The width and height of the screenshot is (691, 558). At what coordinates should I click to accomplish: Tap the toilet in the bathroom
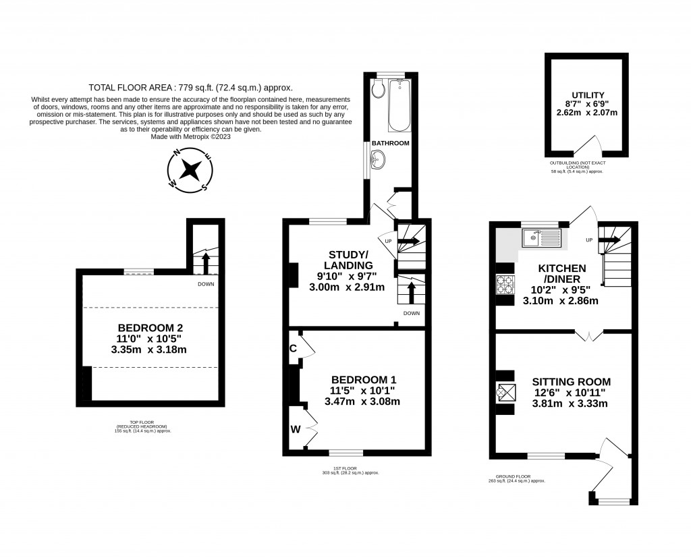(x=378, y=88)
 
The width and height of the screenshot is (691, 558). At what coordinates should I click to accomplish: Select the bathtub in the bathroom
(x=399, y=105)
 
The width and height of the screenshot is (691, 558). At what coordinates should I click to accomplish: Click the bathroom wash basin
(x=379, y=161)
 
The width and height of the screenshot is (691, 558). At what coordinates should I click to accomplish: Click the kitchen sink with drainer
(x=541, y=238)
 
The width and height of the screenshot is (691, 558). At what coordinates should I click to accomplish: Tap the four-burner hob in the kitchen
(x=505, y=287)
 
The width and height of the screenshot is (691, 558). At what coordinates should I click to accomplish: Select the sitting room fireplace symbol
(x=505, y=392)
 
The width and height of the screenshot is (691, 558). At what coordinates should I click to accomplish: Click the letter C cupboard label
(x=293, y=349)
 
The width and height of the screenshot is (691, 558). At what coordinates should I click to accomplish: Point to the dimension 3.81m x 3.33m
(x=570, y=404)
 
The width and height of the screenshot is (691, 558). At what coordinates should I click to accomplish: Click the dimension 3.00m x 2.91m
(x=347, y=287)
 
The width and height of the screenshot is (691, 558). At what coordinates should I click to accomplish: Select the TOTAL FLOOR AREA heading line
(x=190, y=88)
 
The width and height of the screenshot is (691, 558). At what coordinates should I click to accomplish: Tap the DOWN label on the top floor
(x=206, y=285)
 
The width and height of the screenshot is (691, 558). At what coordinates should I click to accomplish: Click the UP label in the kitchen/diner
(x=589, y=240)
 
